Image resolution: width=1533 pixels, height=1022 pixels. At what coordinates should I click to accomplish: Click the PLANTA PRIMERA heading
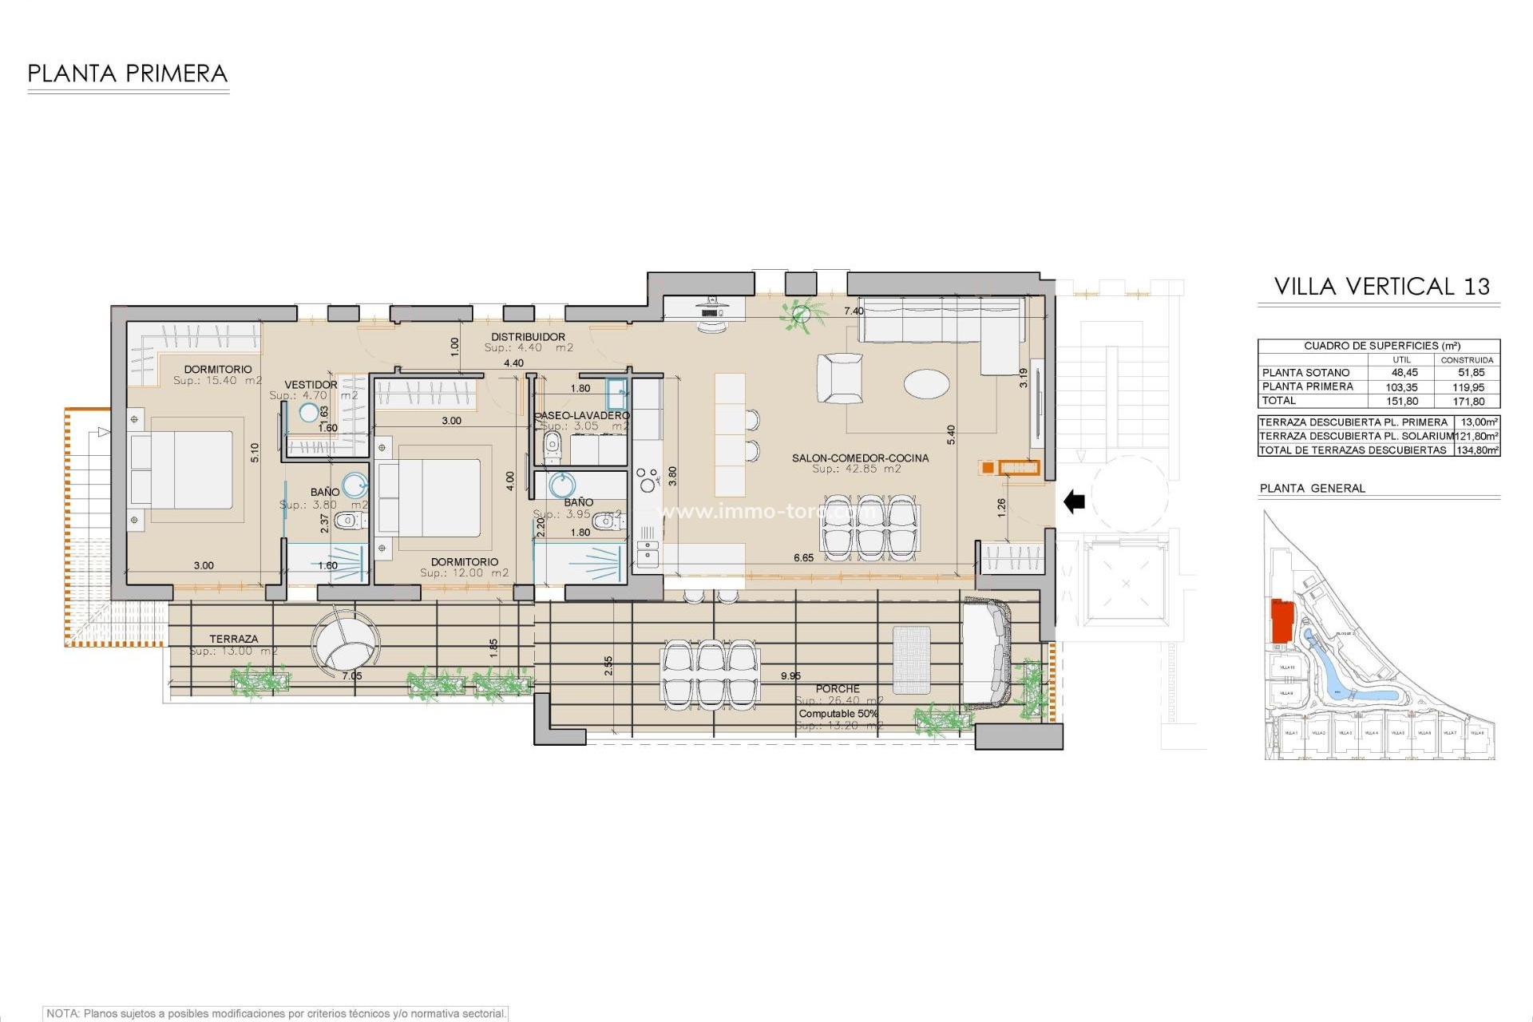point(128,74)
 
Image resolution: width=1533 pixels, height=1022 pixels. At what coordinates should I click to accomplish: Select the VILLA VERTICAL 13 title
point(1381,287)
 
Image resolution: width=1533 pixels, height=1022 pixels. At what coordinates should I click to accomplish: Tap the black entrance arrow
point(1075,501)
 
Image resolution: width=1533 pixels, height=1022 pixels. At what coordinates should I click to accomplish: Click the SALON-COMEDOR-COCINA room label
point(860,458)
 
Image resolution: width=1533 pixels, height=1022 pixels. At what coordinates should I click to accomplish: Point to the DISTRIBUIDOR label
point(528,337)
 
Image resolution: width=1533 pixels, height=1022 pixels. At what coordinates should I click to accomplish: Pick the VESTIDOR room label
point(311,385)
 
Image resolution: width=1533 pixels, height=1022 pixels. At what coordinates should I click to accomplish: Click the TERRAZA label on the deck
point(234,639)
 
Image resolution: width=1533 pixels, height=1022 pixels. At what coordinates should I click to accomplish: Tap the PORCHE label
point(838,688)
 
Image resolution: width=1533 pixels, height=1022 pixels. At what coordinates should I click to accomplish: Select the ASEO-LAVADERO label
point(584,415)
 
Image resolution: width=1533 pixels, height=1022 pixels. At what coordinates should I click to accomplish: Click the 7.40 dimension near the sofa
point(854,311)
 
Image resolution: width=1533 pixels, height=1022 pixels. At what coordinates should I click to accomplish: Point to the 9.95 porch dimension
point(790,675)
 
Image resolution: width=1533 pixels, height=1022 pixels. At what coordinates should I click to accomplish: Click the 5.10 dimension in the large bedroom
point(255,453)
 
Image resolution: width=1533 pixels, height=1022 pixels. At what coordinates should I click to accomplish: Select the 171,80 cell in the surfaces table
point(1469,402)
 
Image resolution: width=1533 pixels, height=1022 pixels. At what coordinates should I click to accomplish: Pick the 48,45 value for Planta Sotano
point(1404,373)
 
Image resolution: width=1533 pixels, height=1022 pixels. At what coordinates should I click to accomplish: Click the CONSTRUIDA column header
point(1467,360)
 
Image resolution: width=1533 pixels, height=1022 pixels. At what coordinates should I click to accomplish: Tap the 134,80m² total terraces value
point(1476,450)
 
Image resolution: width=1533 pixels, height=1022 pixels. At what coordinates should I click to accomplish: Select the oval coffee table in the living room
point(926,384)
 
